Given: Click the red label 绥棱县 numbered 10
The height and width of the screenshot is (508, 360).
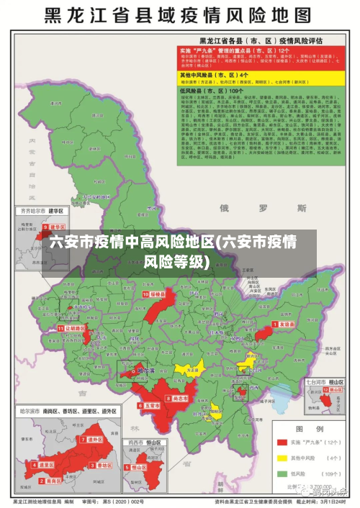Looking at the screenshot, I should point(156,294).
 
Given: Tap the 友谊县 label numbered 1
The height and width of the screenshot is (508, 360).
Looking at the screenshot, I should point(285,325).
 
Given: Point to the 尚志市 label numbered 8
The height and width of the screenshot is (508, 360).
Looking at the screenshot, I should point(178,398).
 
